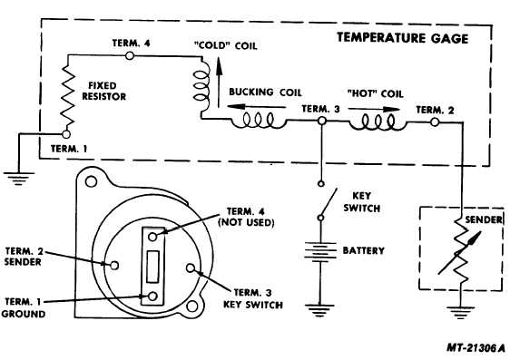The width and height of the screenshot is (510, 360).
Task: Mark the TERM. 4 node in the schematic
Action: (x=133, y=56)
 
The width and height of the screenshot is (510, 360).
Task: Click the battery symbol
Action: (x=320, y=251)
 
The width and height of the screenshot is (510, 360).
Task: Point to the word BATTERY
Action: (x=363, y=250)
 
